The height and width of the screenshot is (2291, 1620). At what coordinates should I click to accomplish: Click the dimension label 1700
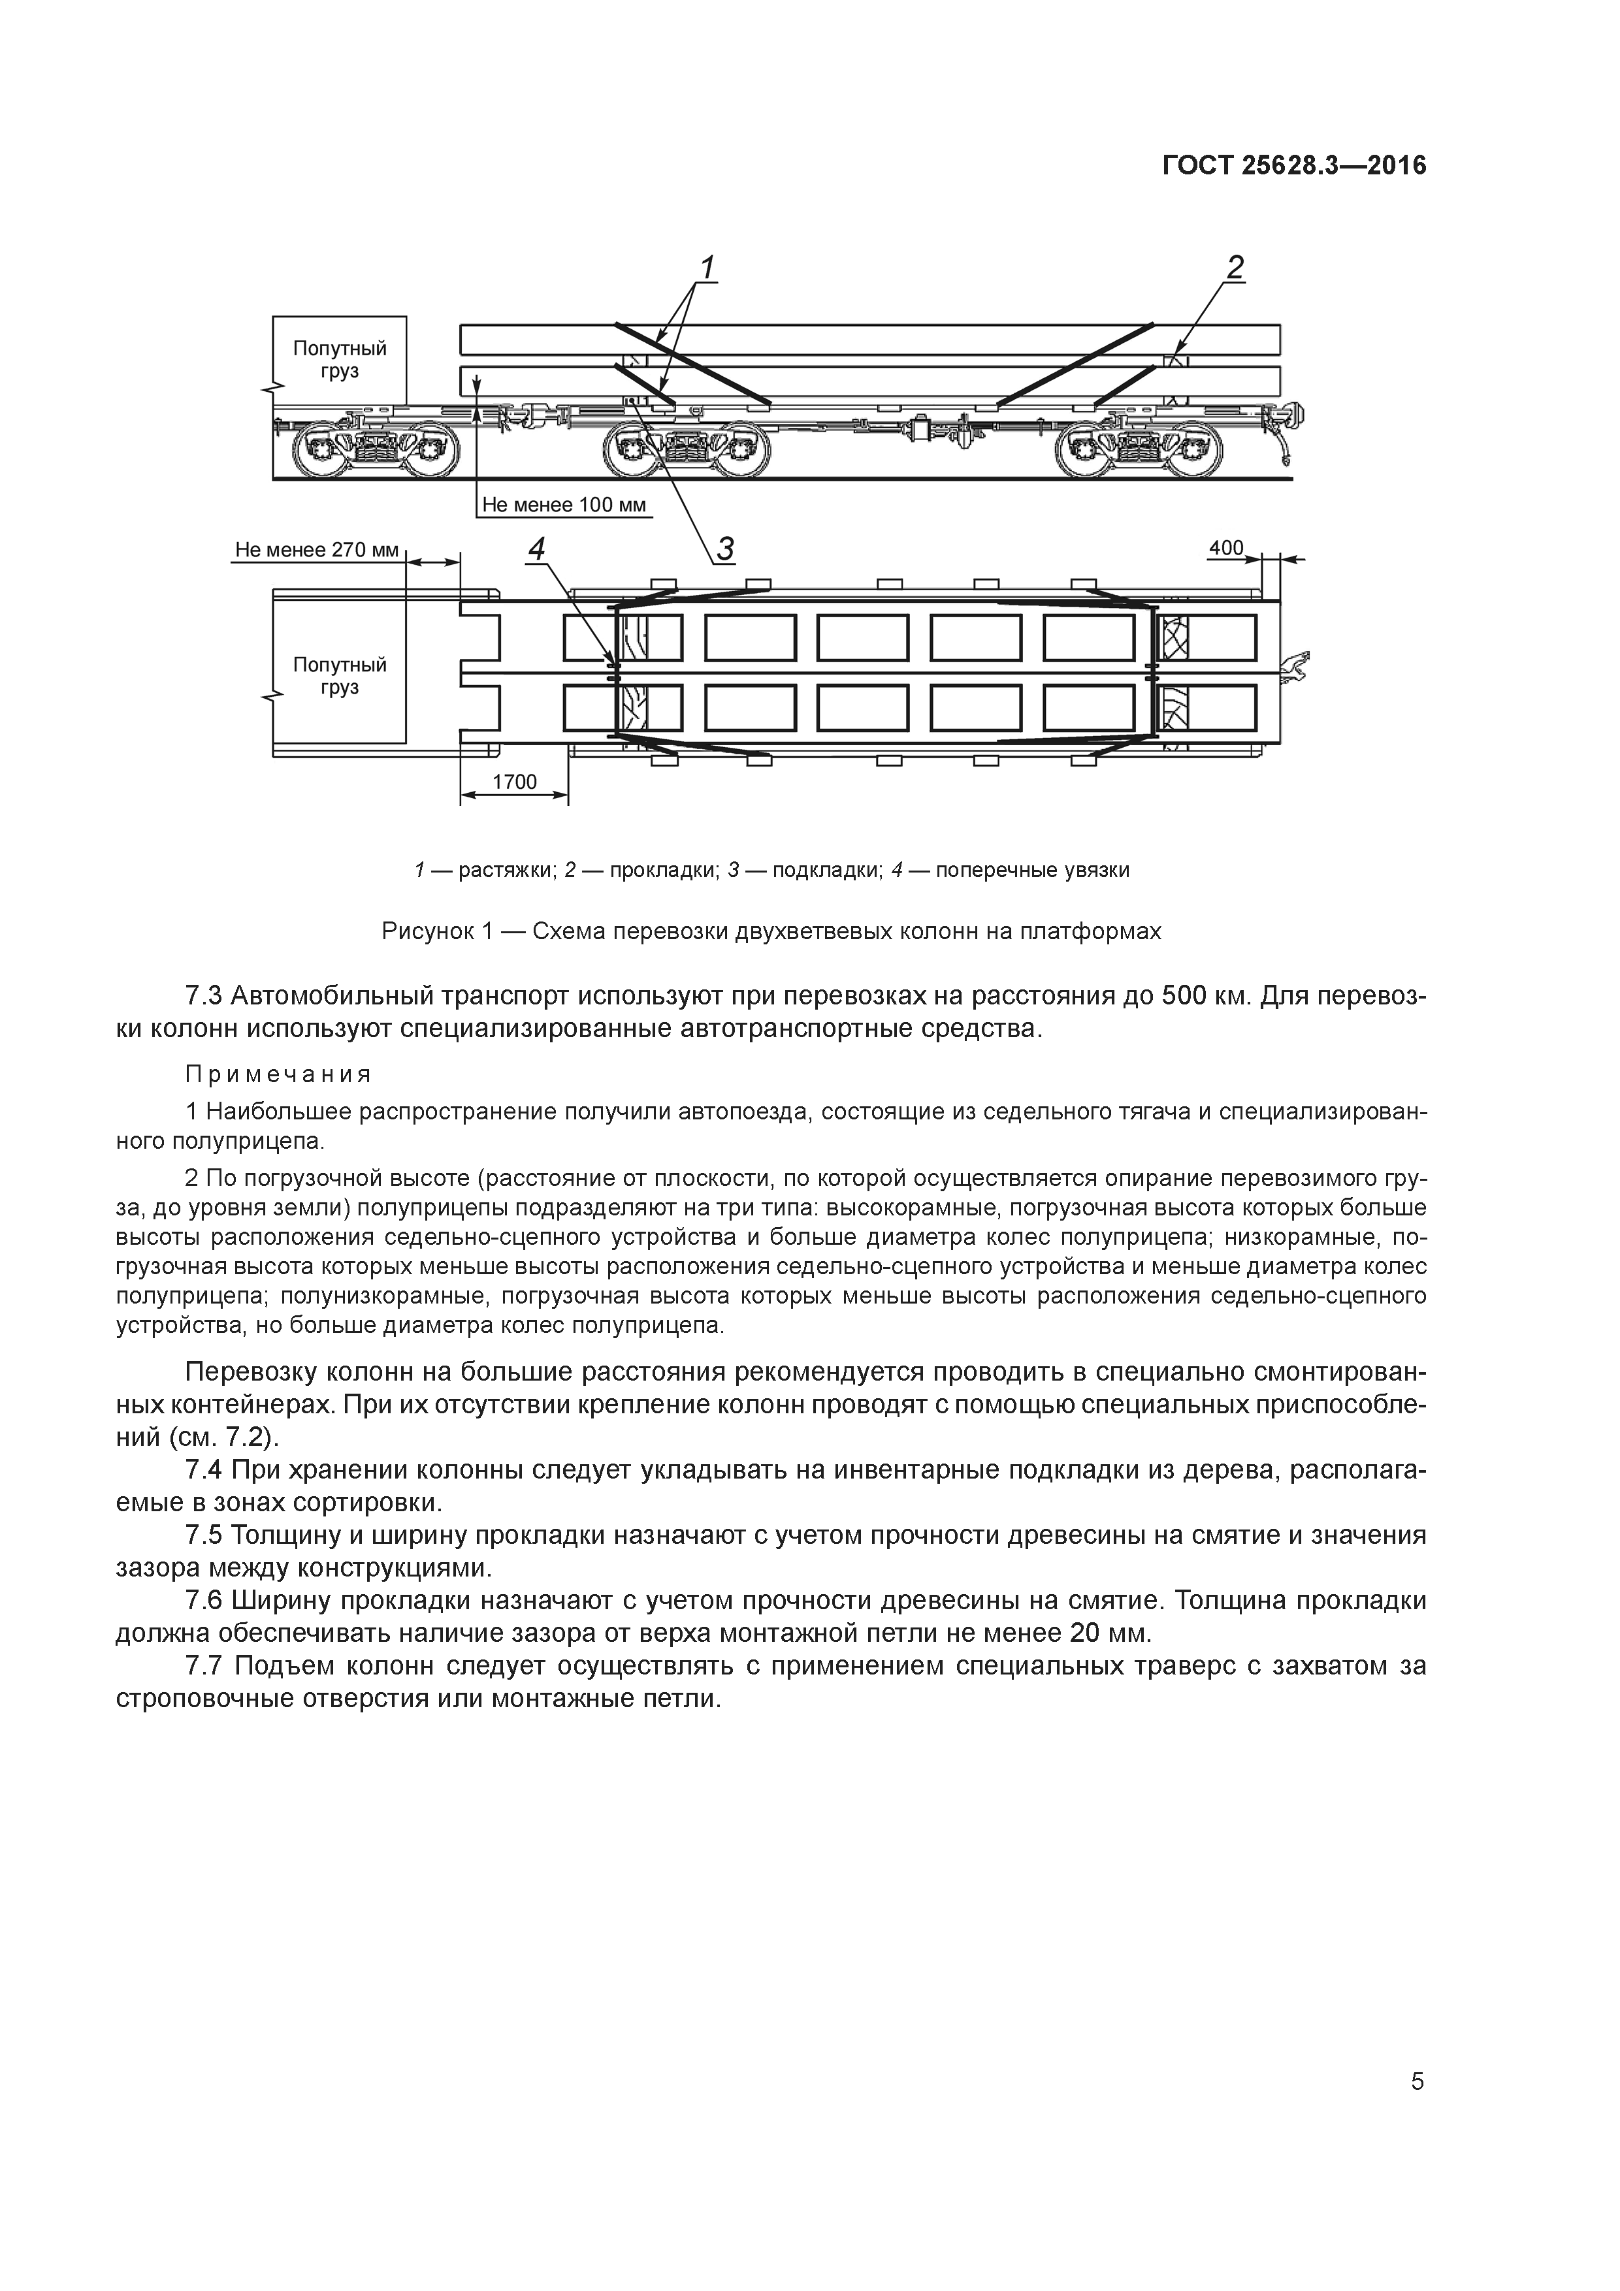click(x=515, y=782)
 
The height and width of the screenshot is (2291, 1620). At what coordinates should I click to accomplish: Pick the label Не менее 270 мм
click(x=316, y=550)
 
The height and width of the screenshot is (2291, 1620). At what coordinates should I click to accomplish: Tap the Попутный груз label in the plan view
click(x=340, y=677)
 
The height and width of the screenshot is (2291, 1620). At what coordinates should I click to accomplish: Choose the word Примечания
click(x=278, y=1075)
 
